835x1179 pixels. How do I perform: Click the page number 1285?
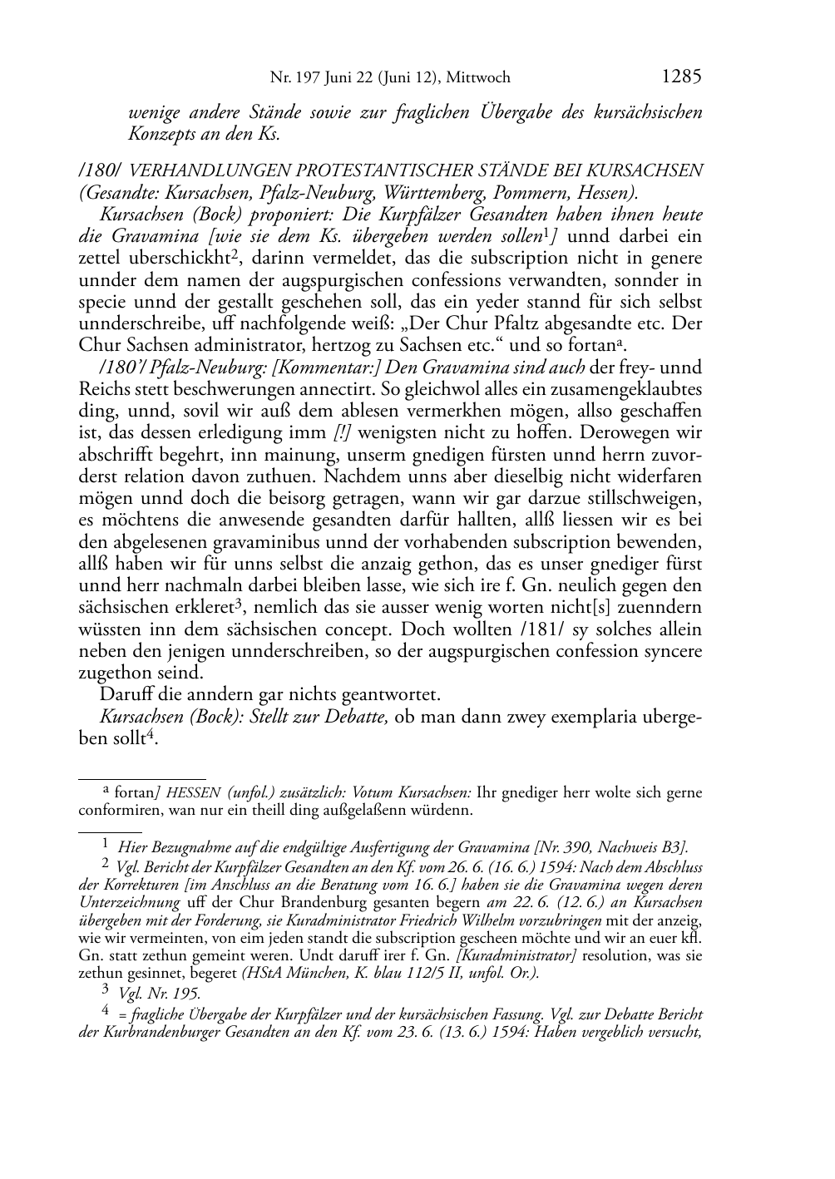point(682,77)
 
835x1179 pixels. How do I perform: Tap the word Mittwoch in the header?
point(478,78)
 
